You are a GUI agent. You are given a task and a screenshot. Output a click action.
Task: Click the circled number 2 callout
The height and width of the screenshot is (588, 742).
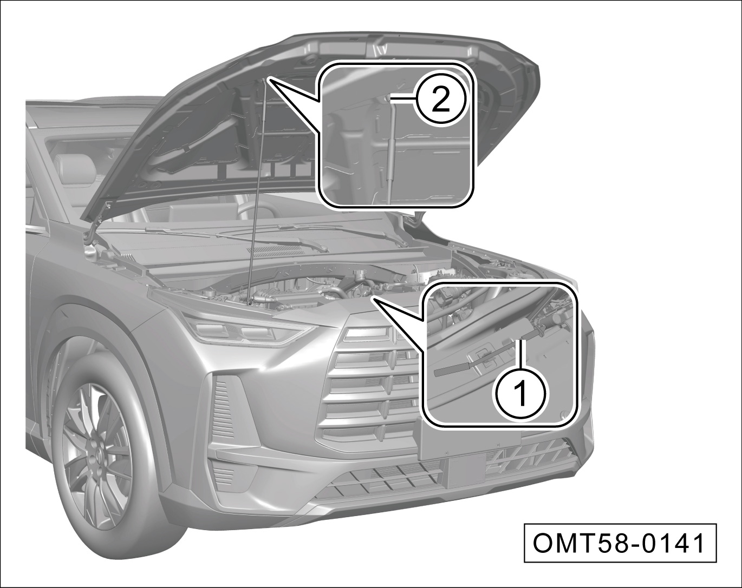coord(440,100)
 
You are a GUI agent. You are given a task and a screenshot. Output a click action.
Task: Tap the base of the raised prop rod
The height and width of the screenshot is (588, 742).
coord(249,303)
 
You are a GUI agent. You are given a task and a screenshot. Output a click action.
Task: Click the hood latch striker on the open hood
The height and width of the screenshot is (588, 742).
coord(379,48)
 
